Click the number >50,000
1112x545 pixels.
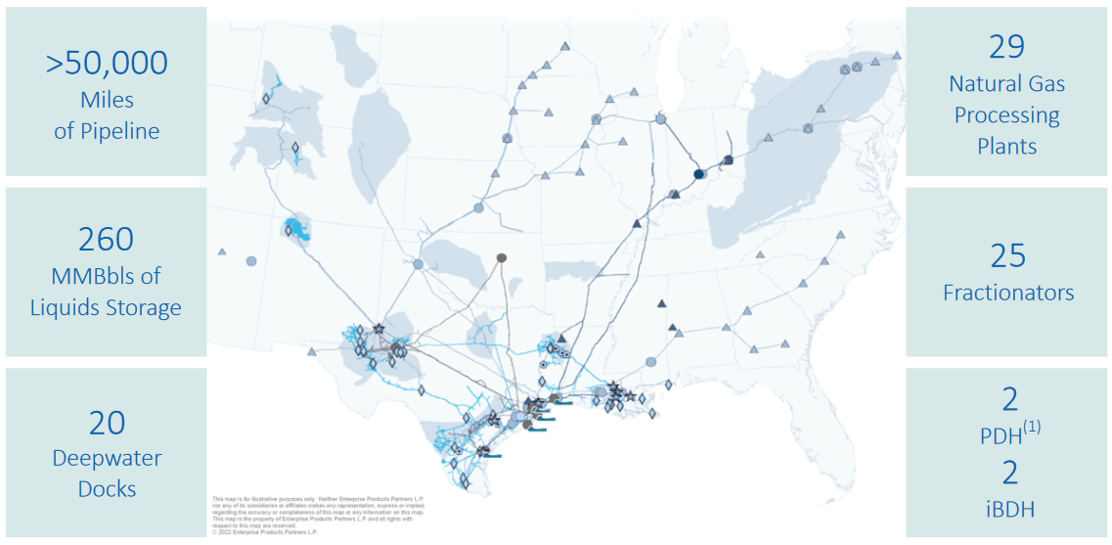click(x=107, y=63)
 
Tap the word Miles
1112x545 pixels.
click(x=107, y=100)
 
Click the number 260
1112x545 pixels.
click(x=107, y=240)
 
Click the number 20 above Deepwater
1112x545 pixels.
click(x=107, y=423)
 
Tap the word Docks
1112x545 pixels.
click(x=107, y=489)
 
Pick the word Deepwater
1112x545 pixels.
click(x=107, y=458)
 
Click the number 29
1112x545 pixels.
click(x=1007, y=47)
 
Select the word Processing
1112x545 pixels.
click(x=1007, y=115)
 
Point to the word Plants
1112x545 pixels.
click(x=1007, y=147)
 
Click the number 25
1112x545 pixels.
click(x=1007, y=256)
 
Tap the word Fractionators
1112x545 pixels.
click(x=1007, y=293)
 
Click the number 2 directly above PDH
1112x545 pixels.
click(x=1010, y=398)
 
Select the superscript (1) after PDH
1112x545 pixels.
click(x=1032, y=427)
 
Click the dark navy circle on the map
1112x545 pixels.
click(x=699, y=174)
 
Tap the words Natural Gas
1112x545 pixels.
click(x=1007, y=84)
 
